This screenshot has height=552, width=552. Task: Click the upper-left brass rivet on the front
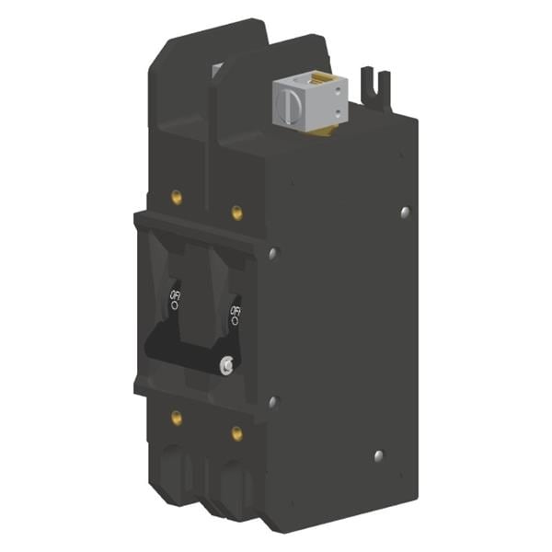click(x=176, y=196)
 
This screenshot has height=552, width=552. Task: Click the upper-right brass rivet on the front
click(x=236, y=213)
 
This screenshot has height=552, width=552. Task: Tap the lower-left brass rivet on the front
click(x=176, y=418)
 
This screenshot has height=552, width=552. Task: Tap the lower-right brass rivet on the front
click(x=236, y=431)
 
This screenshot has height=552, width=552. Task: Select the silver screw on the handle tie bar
click(x=225, y=365)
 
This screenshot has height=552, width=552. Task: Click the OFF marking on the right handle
click(x=236, y=314)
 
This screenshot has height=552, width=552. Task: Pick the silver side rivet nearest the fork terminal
click(x=406, y=213)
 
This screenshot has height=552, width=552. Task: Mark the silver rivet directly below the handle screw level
click(x=271, y=401)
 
